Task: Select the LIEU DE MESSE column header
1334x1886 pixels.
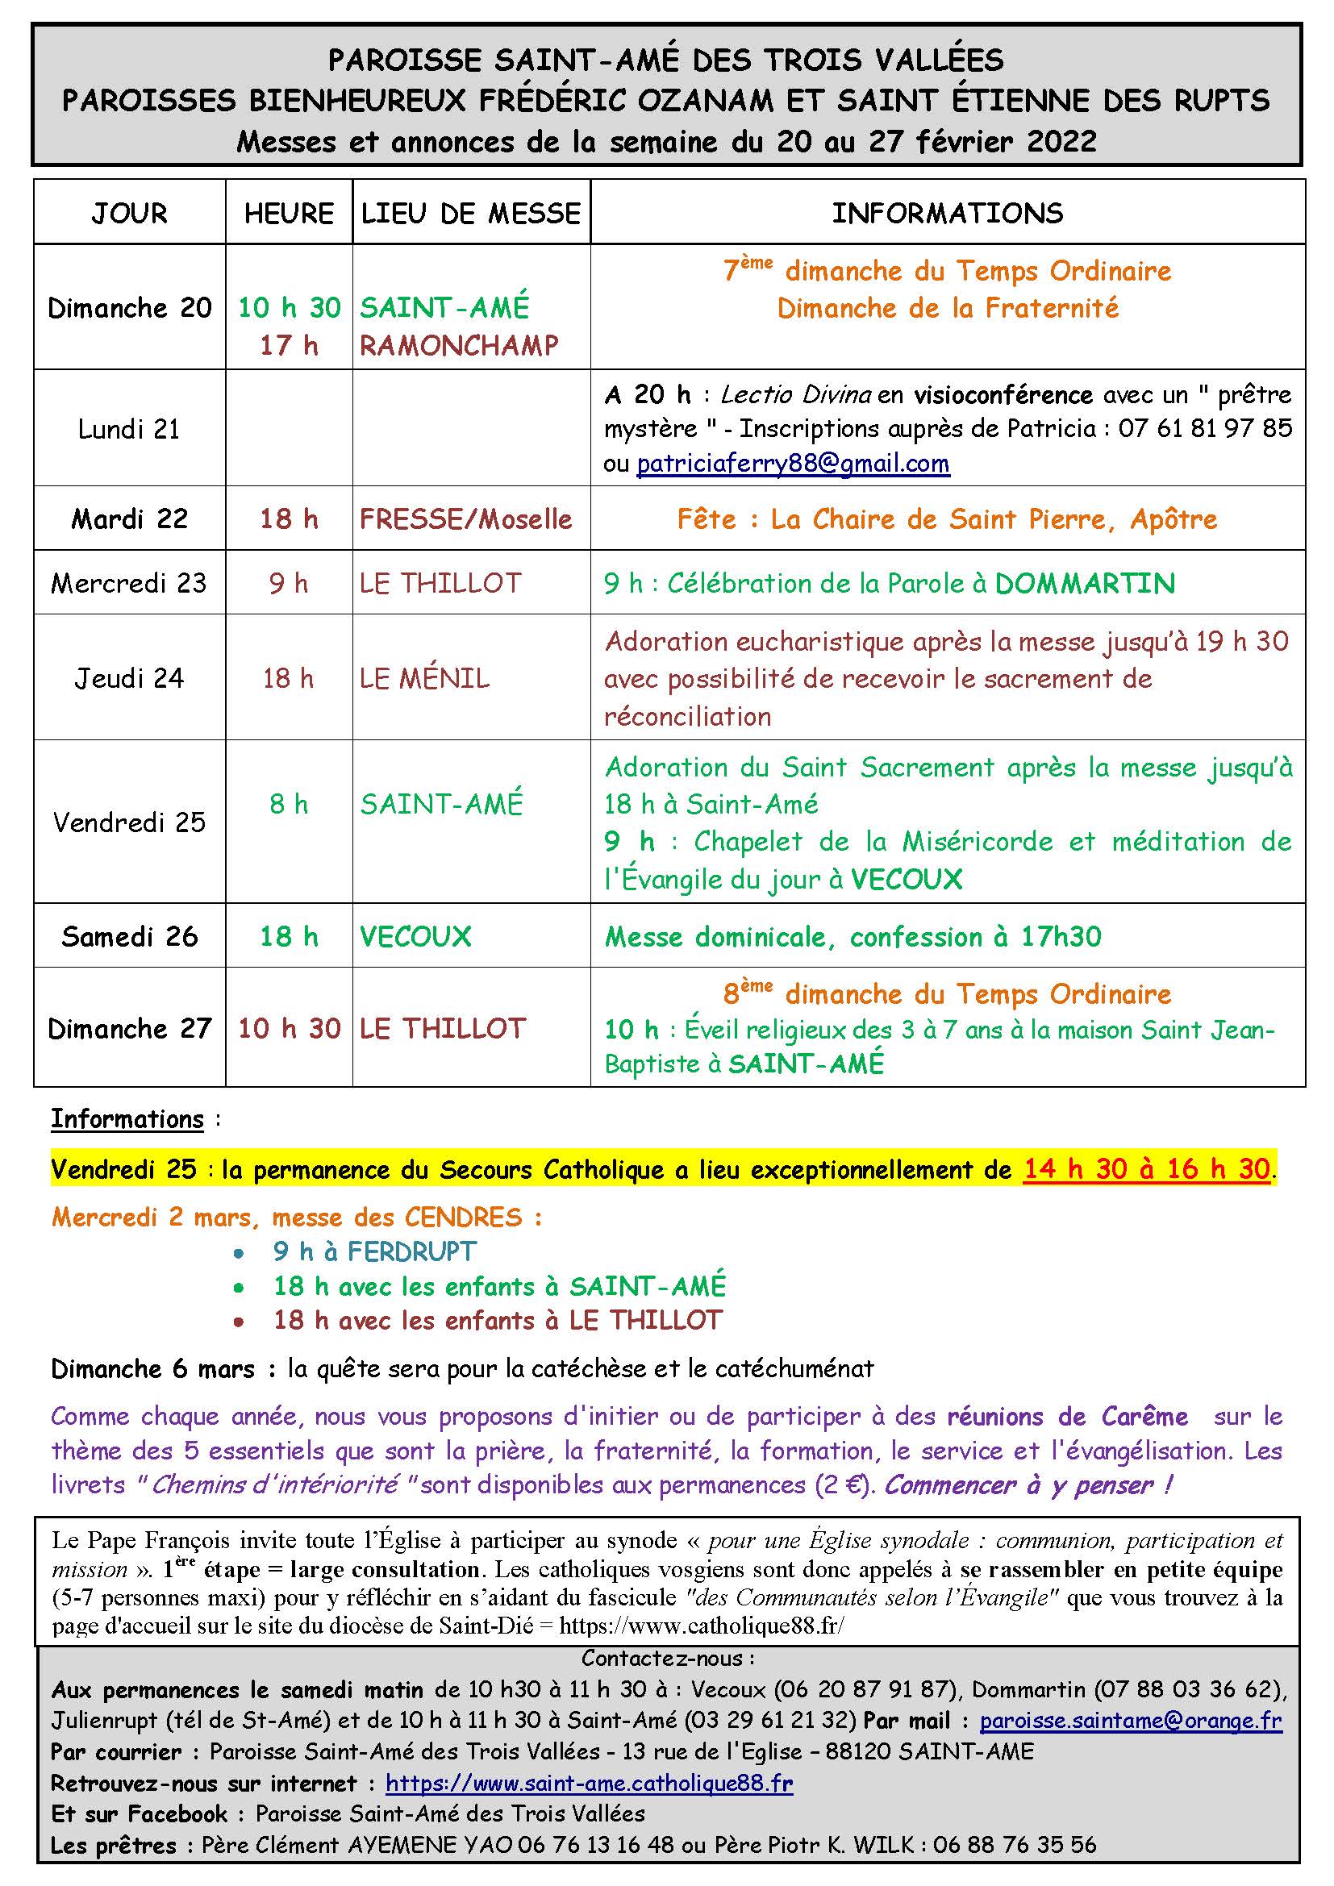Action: pyautogui.click(x=471, y=214)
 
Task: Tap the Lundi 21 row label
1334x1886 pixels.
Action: pyautogui.click(x=129, y=429)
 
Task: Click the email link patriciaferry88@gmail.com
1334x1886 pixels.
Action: pyautogui.click(x=793, y=464)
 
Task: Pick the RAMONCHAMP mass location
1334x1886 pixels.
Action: pyautogui.click(x=458, y=346)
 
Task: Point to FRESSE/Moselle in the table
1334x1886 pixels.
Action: pyautogui.click(x=465, y=519)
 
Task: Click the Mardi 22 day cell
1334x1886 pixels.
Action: pyautogui.click(x=129, y=519)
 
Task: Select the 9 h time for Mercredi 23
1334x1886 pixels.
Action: pyautogui.click(x=288, y=583)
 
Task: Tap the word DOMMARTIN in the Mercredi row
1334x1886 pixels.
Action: pyautogui.click(x=1084, y=583)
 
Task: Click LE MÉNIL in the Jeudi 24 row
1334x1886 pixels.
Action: pyautogui.click(x=425, y=678)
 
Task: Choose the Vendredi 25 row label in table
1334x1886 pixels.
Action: pyautogui.click(x=129, y=822)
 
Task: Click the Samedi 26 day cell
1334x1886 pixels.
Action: pyautogui.click(x=129, y=936)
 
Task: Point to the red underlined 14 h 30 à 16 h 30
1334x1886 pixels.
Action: pyautogui.click(x=1147, y=1169)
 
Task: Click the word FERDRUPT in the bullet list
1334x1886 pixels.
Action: pyautogui.click(x=411, y=1252)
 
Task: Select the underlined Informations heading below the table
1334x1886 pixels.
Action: pyautogui.click(x=127, y=1120)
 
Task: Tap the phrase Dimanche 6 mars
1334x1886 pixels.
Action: pyautogui.click(x=152, y=1369)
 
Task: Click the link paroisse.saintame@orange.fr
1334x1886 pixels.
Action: pyautogui.click(x=1130, y=1721)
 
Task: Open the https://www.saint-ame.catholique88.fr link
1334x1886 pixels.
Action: pyautogui.click(x=589, y=1784)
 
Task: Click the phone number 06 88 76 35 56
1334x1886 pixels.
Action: pyautogui.click(x=1015, y=1845)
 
